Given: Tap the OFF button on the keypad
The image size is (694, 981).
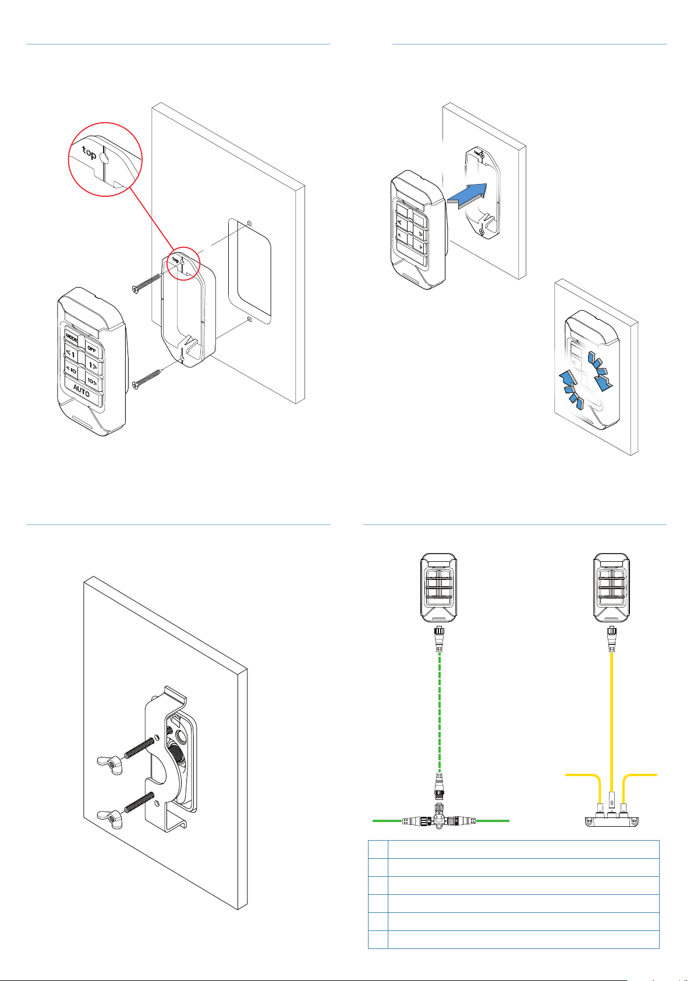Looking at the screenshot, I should pos(92,348).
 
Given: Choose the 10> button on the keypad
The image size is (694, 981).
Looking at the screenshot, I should pos(91,381).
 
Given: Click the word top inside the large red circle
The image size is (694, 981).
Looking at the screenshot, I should pos(89,153).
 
